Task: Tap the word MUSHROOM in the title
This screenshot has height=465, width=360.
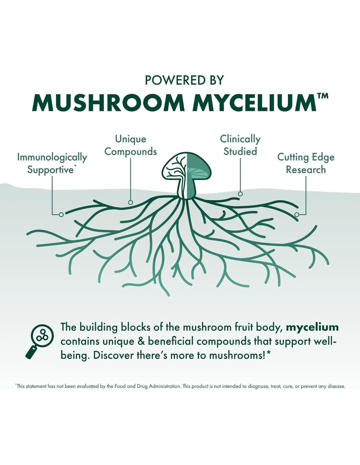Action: [108, 103]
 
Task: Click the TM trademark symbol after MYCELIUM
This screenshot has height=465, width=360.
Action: [323, 96]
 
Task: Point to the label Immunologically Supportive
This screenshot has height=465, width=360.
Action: [52, 163]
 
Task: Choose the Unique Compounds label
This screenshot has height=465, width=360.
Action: [131, 145]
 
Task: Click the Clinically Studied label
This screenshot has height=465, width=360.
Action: [240, 145]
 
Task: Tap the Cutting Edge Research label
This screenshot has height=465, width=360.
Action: [306, 163]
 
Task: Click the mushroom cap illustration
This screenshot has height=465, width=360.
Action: [187, 166]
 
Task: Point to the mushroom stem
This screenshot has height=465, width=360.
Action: [187, 190]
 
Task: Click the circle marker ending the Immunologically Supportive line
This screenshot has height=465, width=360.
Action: [61, 215]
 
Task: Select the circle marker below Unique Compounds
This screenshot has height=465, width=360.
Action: [131, 202]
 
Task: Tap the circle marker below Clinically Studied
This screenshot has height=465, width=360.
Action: [240, 194]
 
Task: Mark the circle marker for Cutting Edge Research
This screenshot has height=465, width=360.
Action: [297, 215]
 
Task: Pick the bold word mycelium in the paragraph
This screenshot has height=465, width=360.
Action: [312, 327]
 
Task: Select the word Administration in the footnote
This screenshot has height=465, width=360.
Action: [165, 386]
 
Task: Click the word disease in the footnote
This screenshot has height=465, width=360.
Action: [336, 386]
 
